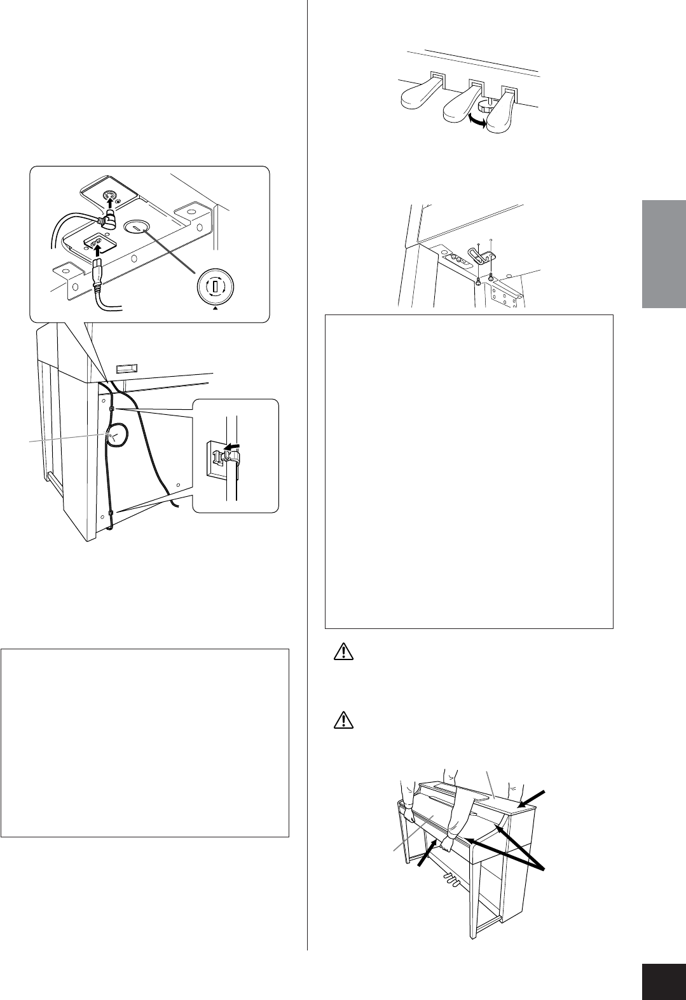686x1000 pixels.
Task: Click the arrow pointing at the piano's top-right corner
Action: (x=534, y=794)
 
